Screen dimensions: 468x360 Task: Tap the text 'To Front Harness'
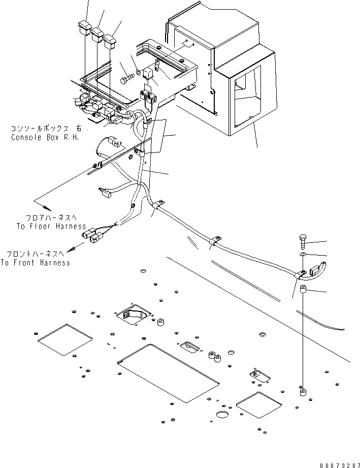click(x=35, y=263)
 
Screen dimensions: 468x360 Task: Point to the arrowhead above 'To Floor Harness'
click(x=47, y=207)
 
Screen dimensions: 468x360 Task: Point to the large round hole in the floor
click(x=222, y=415)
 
